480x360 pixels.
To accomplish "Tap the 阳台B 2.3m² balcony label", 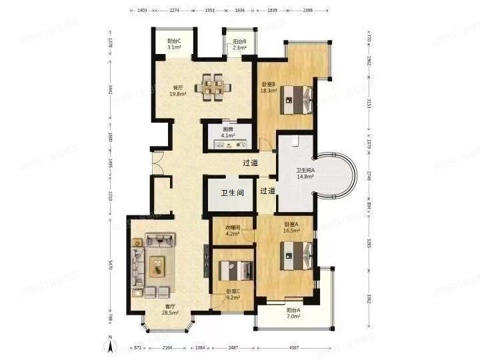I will pos(239,44).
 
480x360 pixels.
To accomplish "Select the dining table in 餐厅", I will pos(215,86).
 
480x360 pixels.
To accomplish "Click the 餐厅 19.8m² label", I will pos(179,91).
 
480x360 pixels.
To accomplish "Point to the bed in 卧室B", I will pos(297,100).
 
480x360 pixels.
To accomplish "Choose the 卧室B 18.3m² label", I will pos(268,87).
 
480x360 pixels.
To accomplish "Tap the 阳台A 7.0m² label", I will pos(293,313).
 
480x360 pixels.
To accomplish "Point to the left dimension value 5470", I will pos(111,264).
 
